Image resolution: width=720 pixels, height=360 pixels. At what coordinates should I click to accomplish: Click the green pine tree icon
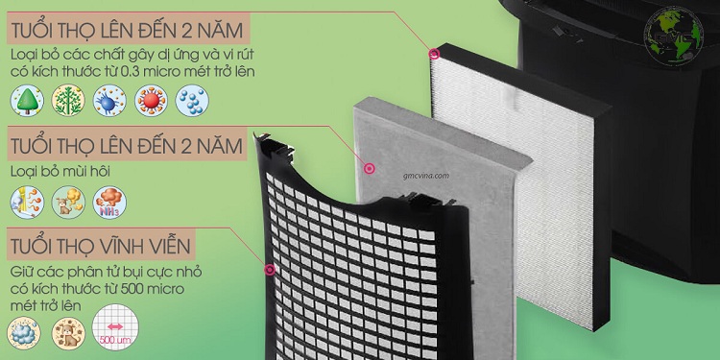coord(27,100)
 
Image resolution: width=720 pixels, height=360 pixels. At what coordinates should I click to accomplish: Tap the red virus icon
coord(151,100)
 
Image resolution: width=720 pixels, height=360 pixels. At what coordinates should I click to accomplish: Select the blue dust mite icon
coord(109,100)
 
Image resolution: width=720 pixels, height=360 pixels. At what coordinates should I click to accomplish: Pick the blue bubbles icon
coord(192,100)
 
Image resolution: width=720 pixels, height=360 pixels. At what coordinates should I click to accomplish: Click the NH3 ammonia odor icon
coord(109,202)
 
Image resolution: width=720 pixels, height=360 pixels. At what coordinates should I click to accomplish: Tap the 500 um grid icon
coord(115,327)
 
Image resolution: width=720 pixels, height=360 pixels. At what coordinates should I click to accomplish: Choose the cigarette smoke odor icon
coord(27,202)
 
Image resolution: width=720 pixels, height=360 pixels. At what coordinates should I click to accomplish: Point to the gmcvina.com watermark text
coord(425,176)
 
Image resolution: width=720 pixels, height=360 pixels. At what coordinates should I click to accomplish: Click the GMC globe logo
coord(674,35)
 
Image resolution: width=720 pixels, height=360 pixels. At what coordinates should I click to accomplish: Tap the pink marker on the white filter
coord(434,54)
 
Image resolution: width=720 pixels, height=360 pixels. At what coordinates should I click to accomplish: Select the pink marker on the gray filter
coord(370,169)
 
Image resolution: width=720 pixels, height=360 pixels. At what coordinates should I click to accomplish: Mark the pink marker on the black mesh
coord(270,270)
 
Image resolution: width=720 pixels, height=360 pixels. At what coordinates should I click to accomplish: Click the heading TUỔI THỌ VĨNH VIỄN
coord(101,247)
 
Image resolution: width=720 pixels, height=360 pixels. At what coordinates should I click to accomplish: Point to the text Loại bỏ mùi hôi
coord(60,172)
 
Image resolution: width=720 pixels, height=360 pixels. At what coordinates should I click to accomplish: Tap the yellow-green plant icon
coord(68,100)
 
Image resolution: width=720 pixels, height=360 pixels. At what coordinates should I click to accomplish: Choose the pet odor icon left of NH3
coord(68,202)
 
